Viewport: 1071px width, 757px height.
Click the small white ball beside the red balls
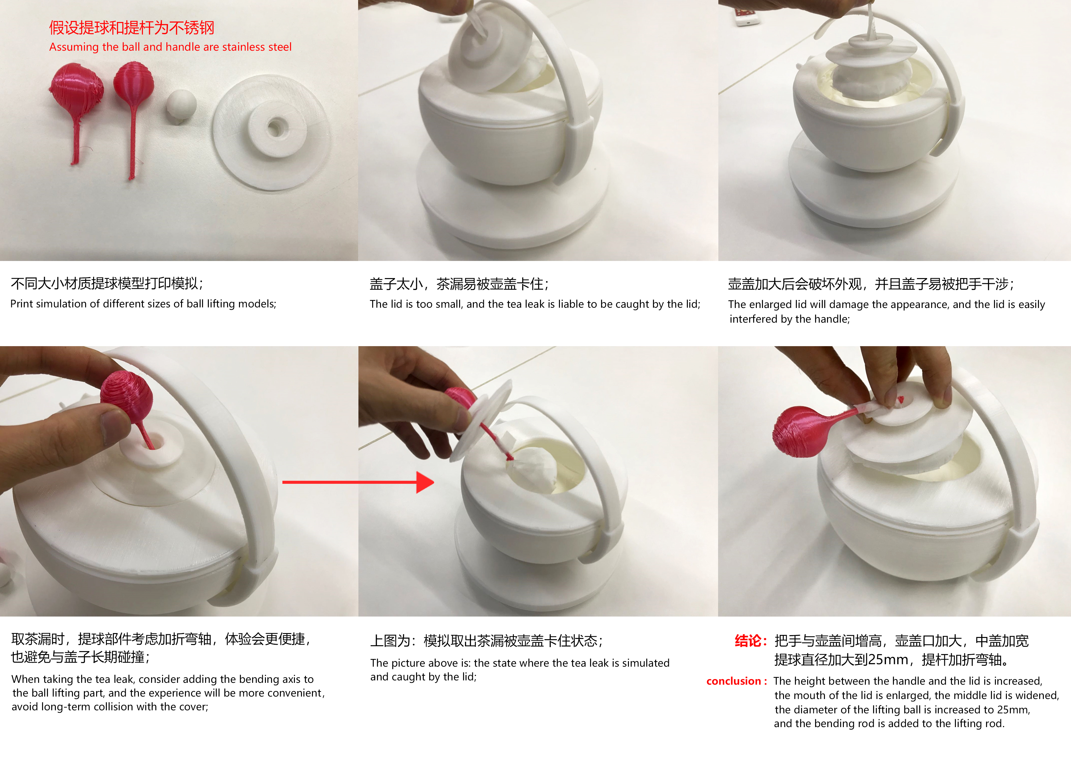[181, 106]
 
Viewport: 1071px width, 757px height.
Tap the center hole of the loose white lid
[275, 126]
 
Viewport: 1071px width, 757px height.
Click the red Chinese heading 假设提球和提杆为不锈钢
[132, 28]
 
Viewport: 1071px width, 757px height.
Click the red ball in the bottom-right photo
[798, 431]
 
